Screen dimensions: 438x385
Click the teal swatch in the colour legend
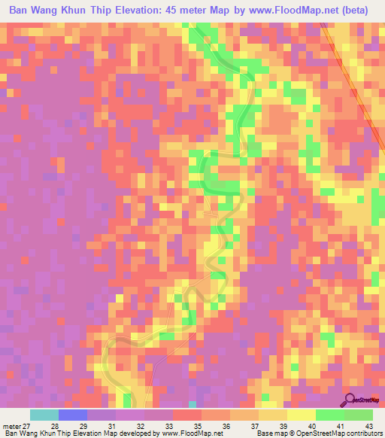[x=44, y=415]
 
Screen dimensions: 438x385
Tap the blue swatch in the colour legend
[x=73, y=415]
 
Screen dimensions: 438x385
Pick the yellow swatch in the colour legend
[x=301, y=415]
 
